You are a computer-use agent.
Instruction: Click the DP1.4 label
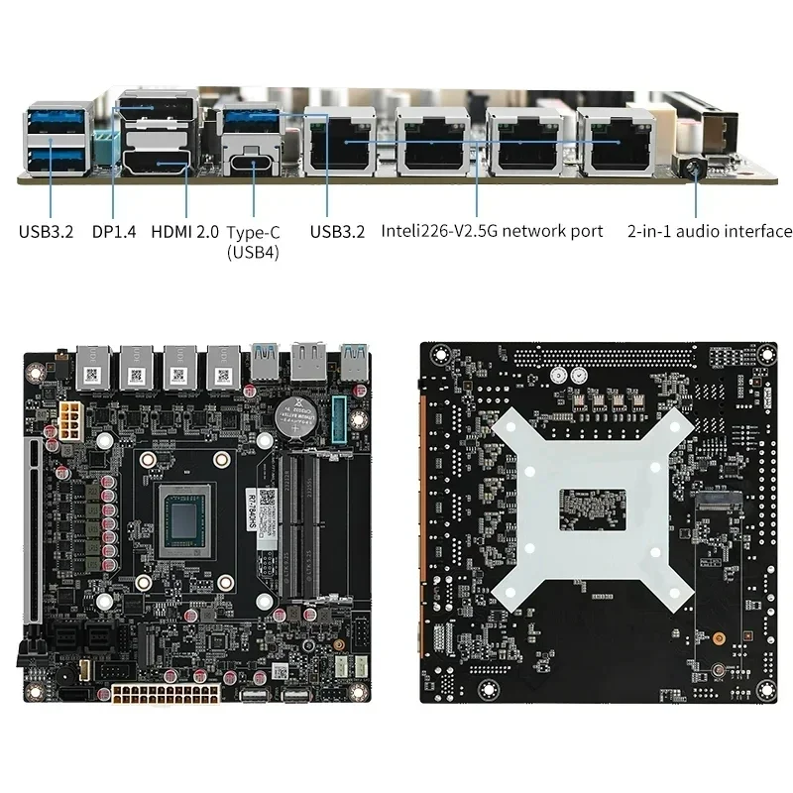(112, 232)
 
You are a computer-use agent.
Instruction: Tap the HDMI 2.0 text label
(184, 232)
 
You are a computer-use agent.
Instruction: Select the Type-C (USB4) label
(253, 242)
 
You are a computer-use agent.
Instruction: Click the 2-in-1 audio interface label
(710, 231)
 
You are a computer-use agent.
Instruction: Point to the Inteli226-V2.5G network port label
(492, 231)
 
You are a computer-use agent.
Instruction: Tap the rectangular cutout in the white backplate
(591, 506)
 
